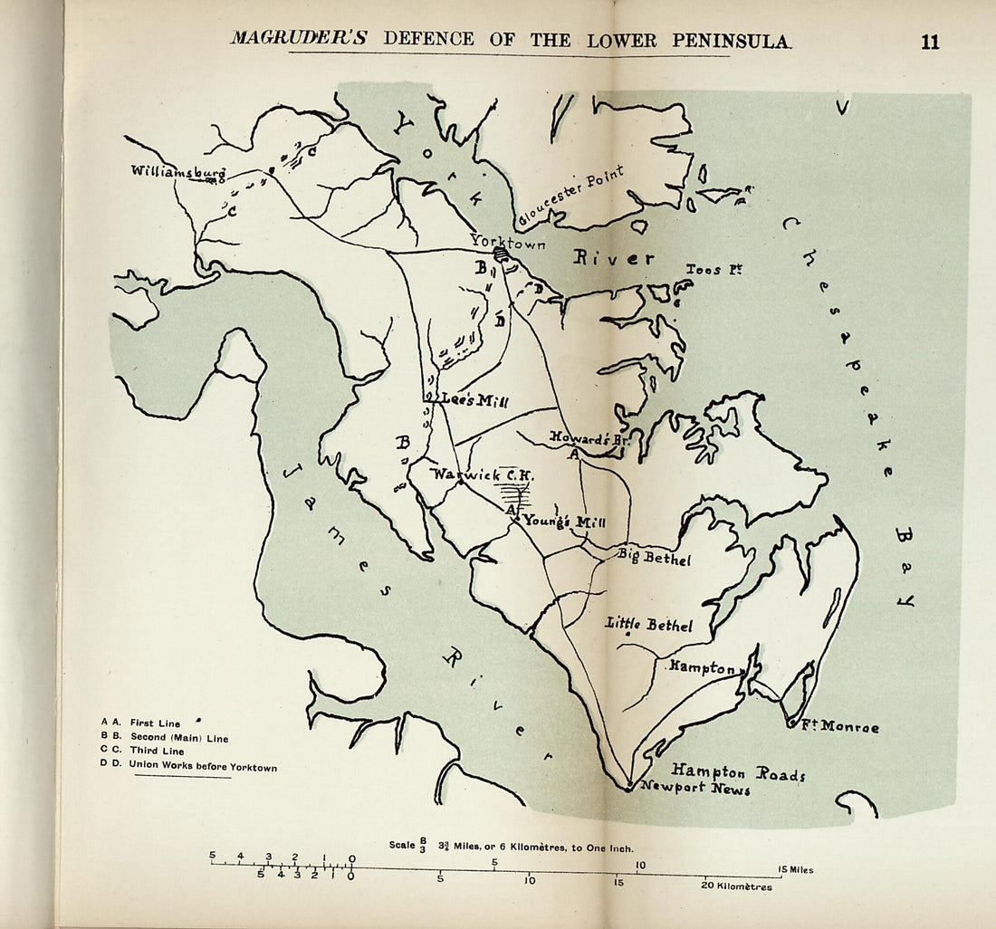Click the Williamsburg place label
pyautogui.click(x=177, y=171)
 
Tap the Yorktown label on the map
pyautogui.click(x=507, y=242)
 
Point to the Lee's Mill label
pyautogui.click(x=474, y=400)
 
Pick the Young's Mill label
pyautogui.click(x=564, y=521)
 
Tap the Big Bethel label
pyautogui.click(x=654, y=557)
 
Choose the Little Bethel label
pyautogui.click(x=649, y=625)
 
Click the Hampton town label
pyautogui.click(x=703, y=667)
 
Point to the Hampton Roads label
pyautogui.click(x=738, y=771)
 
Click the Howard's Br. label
pyautogui.click(x=589, y=437)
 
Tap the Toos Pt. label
pyautogui.click(x=713, y=270)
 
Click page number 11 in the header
pyautogui.click(x=930, y=42)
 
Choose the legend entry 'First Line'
pyautogui.click(x=155, y=723)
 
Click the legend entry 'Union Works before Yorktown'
pyautogui.click(x=202, y=766)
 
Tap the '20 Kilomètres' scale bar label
pyautogui.click(x=738, y=886)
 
